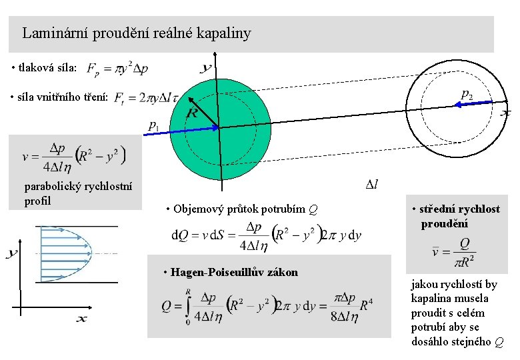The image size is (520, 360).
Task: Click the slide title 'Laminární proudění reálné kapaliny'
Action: coord(137,33)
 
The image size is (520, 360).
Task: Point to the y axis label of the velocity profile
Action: coord(13,253)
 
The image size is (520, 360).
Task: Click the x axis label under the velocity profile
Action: coord(81,320)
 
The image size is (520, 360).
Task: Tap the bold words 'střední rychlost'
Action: coord(460,209)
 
